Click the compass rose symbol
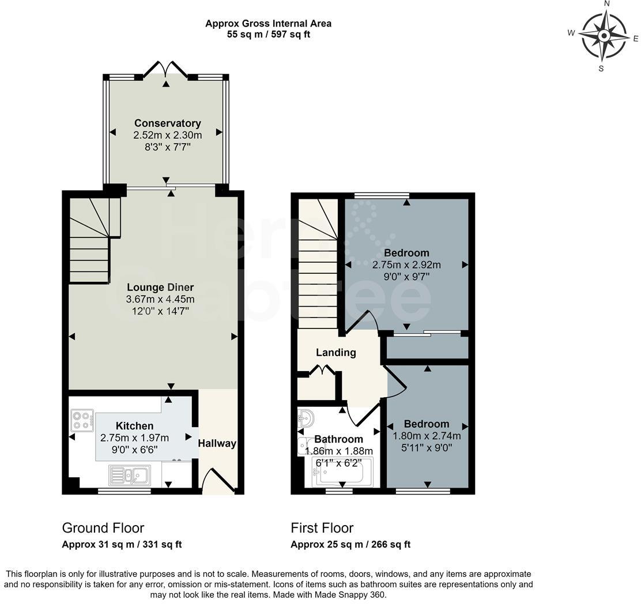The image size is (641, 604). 604,36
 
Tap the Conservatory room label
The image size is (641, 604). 167,123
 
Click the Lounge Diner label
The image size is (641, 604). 160,288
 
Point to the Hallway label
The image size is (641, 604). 217,443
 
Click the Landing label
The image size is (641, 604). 336,353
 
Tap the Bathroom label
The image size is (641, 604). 338,439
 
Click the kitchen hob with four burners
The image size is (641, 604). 82,420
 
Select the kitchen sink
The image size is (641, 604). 129,475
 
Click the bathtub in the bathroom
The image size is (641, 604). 342,472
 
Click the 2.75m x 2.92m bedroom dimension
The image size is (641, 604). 406,265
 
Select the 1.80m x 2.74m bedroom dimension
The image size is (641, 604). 427,436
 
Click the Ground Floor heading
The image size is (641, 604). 103,528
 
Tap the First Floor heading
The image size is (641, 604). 322,528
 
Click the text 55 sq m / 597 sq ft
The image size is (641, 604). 269,35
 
